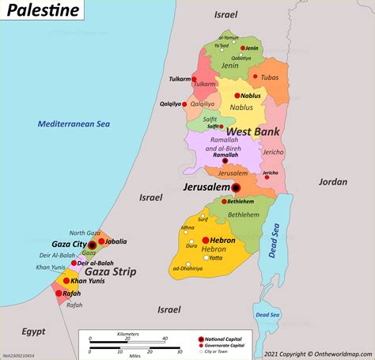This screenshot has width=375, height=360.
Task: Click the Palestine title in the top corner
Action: (x=44, y=11)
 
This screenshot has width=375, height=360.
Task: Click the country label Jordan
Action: (x=332, y=181)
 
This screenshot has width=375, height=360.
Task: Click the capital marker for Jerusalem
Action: (x=237, y=188)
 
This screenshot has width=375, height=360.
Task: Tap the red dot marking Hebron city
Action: (x=205, y=240)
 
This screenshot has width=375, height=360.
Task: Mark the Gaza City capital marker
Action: (x=93, y=246)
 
